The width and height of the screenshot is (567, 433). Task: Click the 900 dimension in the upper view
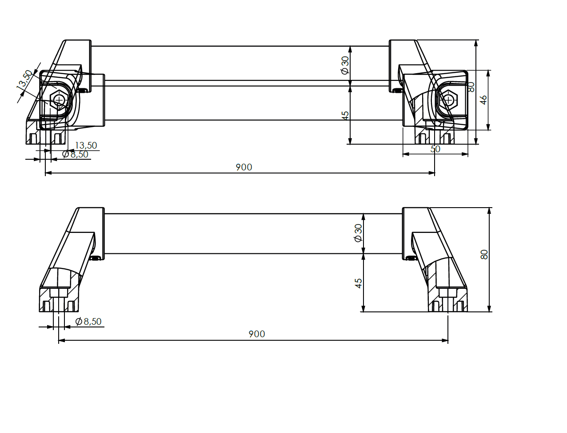coord(244,167)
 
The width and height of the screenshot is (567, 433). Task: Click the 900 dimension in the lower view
coord(256,334)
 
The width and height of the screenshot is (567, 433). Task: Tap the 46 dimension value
coord(483,100)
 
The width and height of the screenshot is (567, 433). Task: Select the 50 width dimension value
coord(435,149)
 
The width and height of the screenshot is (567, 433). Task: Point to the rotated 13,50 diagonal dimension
coord(25,79)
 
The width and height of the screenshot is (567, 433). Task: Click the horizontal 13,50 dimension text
coord(86,146)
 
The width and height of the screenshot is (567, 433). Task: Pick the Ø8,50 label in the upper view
coord(75,154)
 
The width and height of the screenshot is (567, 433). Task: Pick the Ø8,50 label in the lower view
coord(88,321)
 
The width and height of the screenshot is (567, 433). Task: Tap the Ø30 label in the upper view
coord(345,66)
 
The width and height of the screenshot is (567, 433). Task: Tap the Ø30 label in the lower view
coord(358,233)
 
